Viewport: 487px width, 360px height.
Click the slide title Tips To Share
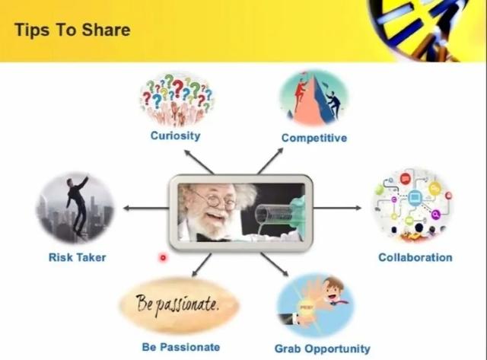72,30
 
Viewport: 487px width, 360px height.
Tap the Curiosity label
176,135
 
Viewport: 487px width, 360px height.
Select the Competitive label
314,138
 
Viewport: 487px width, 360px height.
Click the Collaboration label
415,257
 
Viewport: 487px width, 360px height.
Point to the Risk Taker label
78,257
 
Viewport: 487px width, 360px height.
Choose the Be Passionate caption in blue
181,347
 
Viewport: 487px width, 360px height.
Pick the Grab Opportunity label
323,349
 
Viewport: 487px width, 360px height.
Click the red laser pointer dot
163,257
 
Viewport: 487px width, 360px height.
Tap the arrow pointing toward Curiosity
199,161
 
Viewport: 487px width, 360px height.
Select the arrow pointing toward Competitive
270,161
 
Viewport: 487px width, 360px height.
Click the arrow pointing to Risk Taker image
146,208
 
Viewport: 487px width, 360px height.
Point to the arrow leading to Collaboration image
337,208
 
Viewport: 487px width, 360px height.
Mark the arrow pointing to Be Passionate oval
202,265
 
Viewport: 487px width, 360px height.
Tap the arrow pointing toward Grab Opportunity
275,264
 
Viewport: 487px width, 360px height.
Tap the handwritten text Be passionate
177,304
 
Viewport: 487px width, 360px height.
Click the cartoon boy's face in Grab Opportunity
333,291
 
